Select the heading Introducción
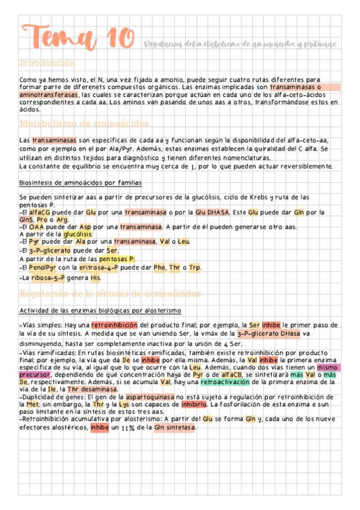47,63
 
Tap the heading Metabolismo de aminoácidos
84,124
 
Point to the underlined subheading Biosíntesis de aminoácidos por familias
81,183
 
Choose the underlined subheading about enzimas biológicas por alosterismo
100,310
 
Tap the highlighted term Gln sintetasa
174,428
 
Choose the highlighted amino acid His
96,278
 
